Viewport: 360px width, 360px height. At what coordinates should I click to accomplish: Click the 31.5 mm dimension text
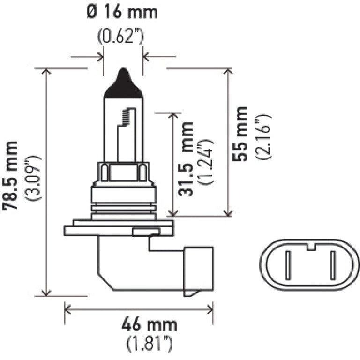pyautogui.click(x=187, y=159)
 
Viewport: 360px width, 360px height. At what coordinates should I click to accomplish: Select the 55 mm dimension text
pyautogui.click(x=241, y=134)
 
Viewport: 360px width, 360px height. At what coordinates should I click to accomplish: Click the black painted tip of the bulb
pyautogui.click(x=123, y=84)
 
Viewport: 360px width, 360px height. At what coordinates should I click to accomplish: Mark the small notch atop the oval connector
pyautogui.click(x=310, y=245)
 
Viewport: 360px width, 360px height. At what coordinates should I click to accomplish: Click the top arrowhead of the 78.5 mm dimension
pyautogui.click(x=46, y=72)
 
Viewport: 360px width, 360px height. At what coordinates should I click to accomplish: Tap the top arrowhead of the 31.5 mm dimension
pyautogui.click(x=174, y=115)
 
